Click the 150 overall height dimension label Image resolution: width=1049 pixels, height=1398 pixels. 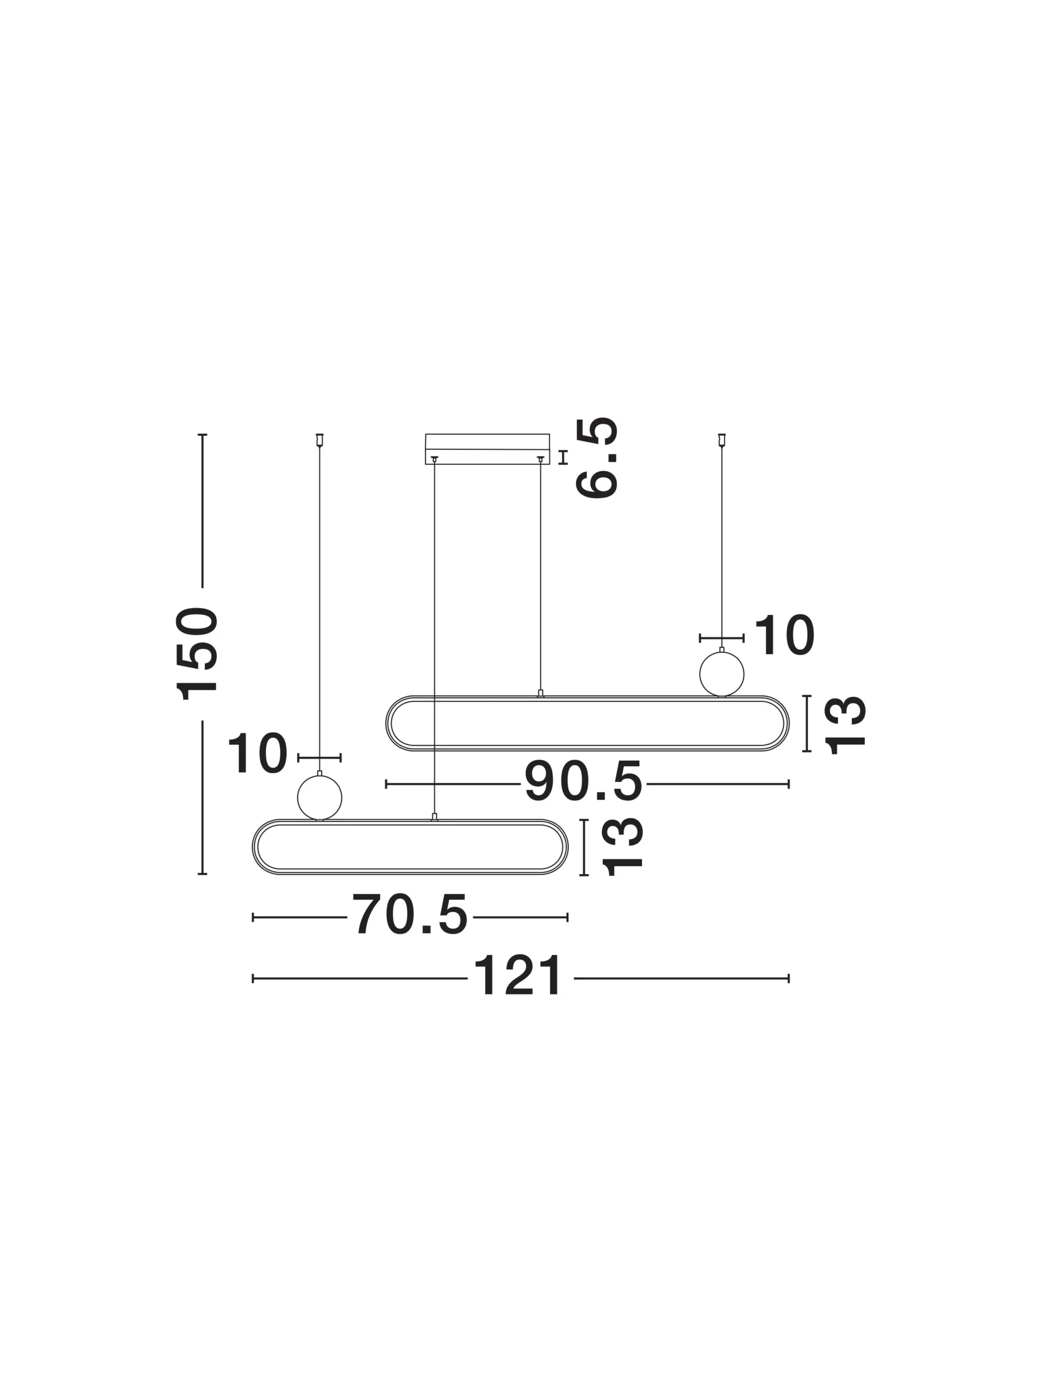197,654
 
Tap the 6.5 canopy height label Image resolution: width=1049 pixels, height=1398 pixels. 596,458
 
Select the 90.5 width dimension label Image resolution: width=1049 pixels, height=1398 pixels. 584,782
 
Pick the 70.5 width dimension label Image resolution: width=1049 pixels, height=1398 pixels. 410,915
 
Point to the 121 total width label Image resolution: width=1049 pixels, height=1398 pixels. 518,976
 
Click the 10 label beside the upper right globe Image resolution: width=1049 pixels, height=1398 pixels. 784,635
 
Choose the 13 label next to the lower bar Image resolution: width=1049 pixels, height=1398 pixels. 622,847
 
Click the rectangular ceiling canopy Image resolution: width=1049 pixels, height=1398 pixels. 487,449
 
